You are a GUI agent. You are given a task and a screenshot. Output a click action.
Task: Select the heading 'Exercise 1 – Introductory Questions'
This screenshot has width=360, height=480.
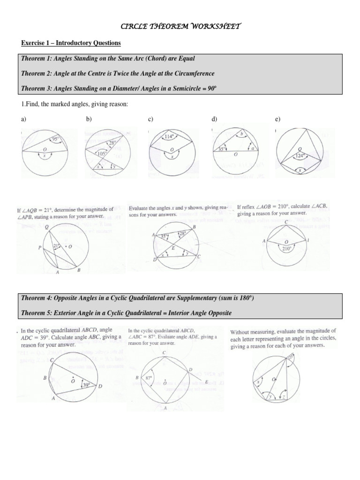71,43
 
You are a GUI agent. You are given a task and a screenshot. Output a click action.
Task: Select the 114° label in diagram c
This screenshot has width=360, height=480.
169,137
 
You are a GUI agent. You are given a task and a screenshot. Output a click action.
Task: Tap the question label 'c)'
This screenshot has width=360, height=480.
151,120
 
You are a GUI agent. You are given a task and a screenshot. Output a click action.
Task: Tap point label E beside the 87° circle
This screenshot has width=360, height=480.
207,382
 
